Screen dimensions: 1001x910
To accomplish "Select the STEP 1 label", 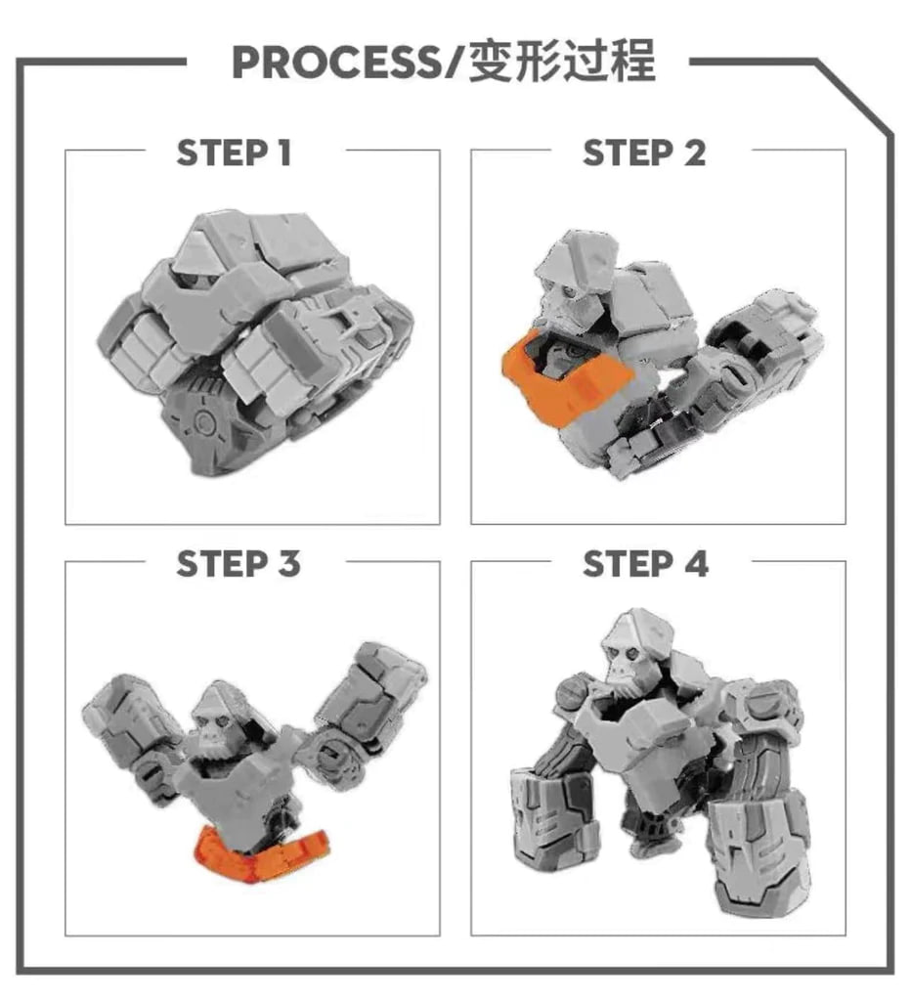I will point(235,153).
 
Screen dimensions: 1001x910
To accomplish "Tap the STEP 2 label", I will point(644,153).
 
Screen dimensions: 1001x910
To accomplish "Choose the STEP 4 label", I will point(645,565).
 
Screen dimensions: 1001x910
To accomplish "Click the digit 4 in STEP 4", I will point(696,565).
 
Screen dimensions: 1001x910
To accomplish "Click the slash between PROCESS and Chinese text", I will point(455,63).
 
